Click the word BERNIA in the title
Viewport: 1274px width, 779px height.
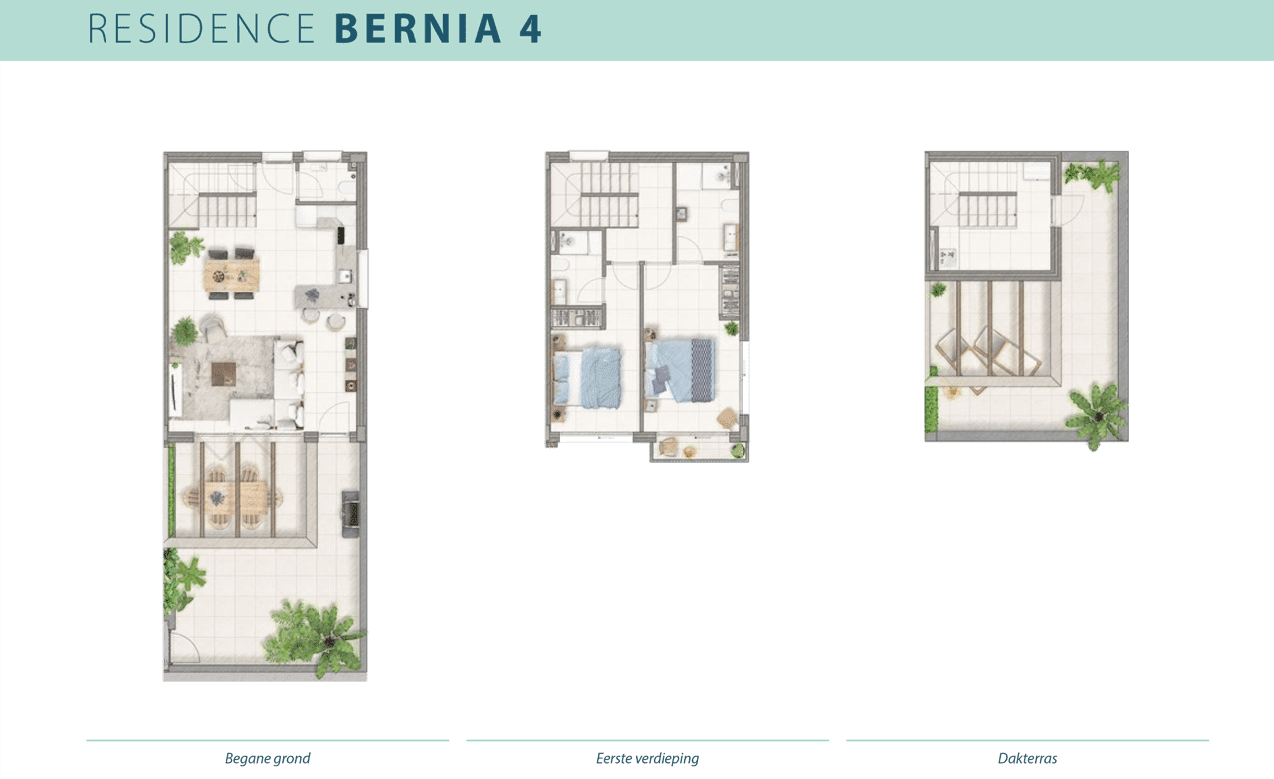418,29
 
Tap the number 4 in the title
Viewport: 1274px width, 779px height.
531,29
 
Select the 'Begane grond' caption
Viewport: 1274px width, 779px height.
267,759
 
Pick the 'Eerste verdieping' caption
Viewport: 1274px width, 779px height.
647,759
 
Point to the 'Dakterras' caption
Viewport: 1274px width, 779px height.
1027,759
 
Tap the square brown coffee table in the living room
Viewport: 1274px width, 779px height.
224,374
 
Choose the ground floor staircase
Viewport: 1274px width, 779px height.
225,209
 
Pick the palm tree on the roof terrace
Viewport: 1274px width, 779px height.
1098,413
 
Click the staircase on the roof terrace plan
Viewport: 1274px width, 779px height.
986,209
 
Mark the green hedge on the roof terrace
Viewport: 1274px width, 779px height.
933,409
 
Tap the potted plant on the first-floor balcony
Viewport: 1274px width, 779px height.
738,451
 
